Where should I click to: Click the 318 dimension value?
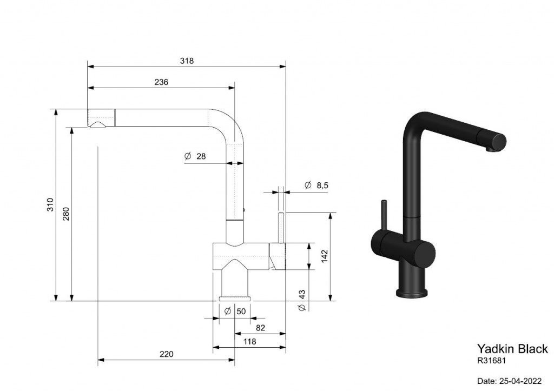tap(187, 61)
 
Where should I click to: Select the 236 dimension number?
tap(161, 82)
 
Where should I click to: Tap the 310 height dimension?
tap(50, 205)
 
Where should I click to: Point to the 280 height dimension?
tap(66, 214)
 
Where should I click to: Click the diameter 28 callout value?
tap(201, 156)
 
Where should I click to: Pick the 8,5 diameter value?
tap(322, 185)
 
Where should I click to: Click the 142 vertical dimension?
tap(325, 256)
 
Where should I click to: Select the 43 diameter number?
tap(302, 295)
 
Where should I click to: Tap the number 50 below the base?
tap(241, 311)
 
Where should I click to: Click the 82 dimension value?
tap(260, 328)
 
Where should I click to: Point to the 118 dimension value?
tap(250, 342)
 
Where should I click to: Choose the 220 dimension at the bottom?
tap(167, 354)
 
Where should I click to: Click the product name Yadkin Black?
tap(512, 349)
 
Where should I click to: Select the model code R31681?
tap(491, 361)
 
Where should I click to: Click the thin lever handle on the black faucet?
tap(384, 215)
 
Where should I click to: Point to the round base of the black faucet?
tap(412, 293)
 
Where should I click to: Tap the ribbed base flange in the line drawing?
tap(235, 298)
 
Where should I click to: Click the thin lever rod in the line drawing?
tap(282, 228)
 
